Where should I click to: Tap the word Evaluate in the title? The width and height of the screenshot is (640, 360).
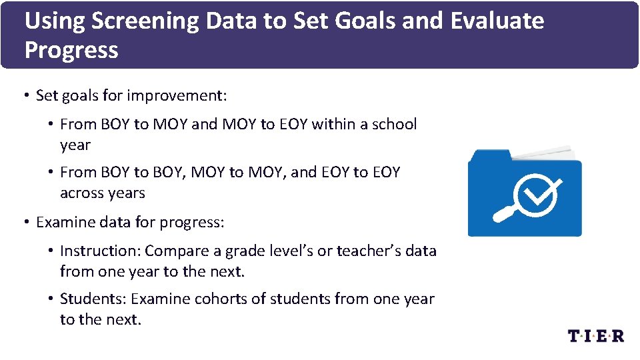click(x=497, y=21)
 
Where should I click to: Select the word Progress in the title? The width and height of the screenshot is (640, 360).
click(x=71, y=51)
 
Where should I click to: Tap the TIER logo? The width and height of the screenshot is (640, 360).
click(x=595, y=335)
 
